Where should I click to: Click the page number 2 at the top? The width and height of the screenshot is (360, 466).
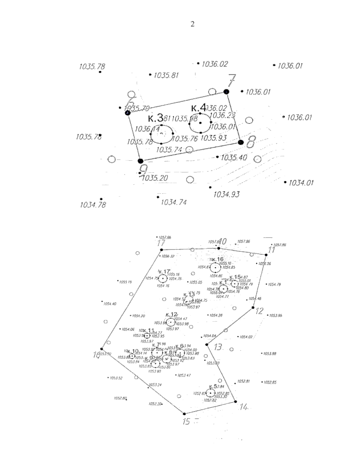(193, 24)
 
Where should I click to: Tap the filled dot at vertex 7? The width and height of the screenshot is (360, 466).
(226, 92)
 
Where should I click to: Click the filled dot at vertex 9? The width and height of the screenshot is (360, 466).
(140, 161)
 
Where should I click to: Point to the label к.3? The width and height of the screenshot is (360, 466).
(156, 118)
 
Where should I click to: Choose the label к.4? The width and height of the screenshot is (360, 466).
(199, 107)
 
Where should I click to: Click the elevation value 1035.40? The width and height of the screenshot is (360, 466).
(234, 158)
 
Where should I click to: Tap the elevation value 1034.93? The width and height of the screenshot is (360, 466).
(226, 194)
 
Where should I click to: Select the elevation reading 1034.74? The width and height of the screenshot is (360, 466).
(174, 203)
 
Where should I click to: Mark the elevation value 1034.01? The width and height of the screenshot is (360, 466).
(301, 182)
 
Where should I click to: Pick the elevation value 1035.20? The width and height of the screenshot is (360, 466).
(155, 178)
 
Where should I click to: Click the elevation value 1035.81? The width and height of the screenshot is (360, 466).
(166, 75)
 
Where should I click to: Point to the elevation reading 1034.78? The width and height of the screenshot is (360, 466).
(93, 205)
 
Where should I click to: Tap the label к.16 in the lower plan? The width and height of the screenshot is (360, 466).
(217, 259)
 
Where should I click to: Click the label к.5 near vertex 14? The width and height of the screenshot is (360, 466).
(213, 386)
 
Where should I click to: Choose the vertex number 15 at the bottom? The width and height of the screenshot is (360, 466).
(186, 422)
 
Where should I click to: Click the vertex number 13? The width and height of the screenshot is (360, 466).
(218, 347)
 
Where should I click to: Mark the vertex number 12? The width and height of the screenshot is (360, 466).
(259, 311)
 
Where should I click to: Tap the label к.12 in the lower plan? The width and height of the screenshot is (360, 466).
(171, 314)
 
